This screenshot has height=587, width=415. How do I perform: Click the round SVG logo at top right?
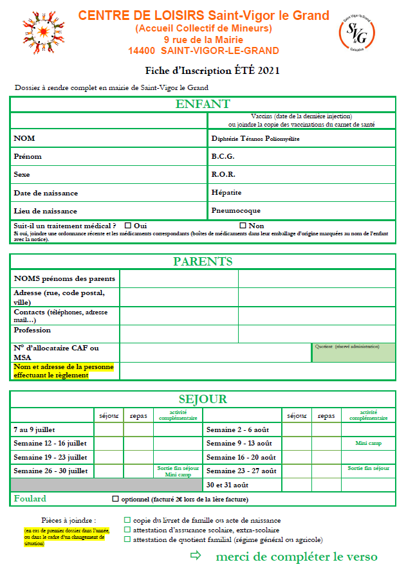356,33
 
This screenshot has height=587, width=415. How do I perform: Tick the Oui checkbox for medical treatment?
127,226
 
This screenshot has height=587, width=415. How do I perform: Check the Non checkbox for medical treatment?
243,226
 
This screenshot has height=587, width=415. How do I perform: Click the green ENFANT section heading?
203,105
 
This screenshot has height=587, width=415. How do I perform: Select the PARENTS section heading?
203,262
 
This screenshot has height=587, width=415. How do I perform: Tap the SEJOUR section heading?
203,399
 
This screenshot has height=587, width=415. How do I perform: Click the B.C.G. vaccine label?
223,156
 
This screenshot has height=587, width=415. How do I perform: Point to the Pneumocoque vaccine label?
235,211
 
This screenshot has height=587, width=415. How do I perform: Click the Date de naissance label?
46,193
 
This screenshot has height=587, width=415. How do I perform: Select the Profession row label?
32,330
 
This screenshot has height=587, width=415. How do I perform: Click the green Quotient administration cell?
353,352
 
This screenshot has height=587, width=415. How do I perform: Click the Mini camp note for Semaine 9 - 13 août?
369,443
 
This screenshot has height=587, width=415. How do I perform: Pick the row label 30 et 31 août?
227,484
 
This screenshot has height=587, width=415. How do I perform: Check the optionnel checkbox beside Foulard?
115,499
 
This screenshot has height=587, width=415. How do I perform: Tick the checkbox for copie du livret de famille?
127,520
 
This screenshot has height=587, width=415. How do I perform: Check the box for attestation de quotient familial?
127,539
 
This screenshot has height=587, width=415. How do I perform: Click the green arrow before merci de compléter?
196,556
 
